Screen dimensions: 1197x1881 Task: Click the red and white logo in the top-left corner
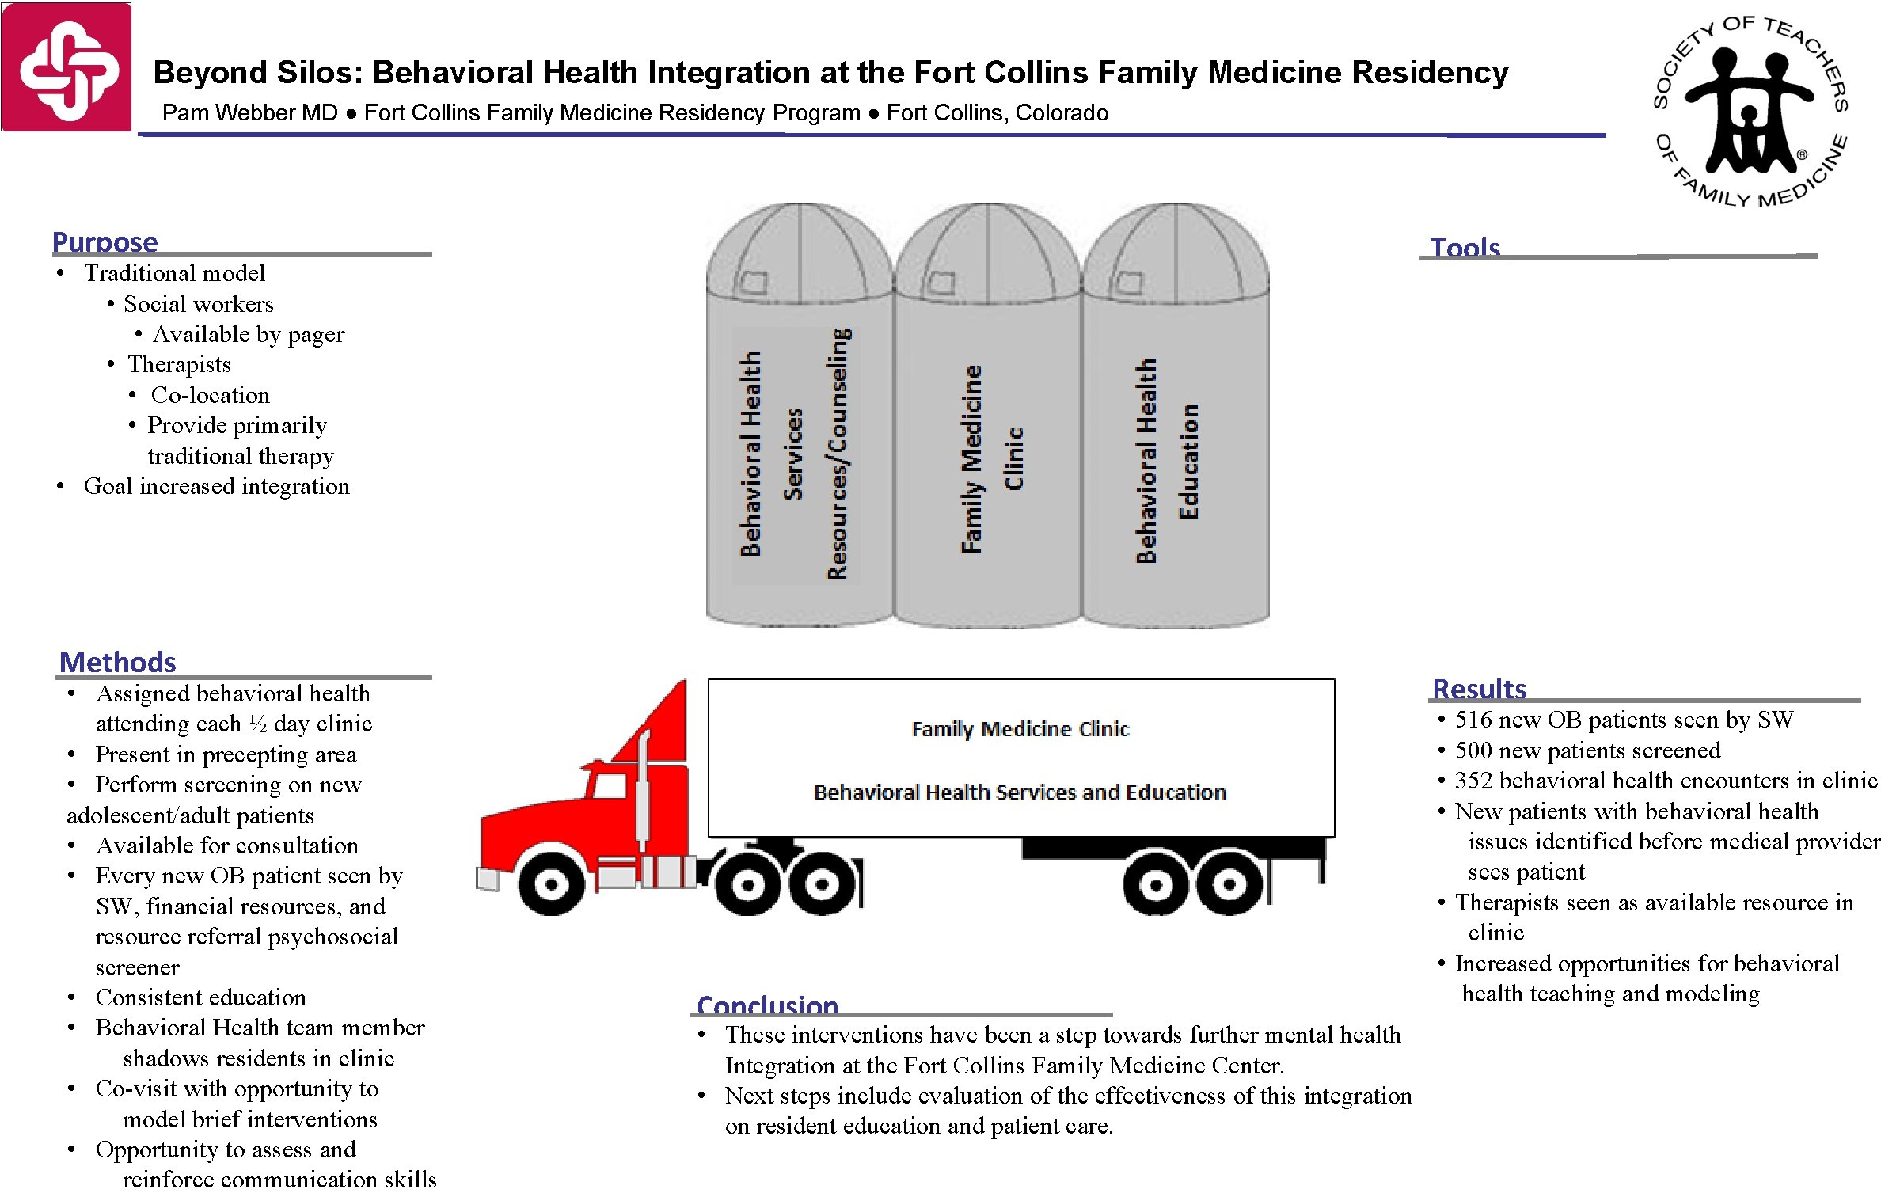click(x=66, y=67)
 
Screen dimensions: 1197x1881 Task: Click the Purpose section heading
click(x=105, y=241)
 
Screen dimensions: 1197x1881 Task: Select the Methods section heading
click(x=118, y=662)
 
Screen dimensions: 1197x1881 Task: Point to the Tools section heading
click(x=1465, y=247)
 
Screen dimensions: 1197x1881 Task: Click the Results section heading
click(x=1479, y=689)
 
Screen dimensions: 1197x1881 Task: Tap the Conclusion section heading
click(x=767, y=1005)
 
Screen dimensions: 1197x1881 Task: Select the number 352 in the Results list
click(x=1473, y=781)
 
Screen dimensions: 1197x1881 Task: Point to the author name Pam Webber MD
click(x=250, y=112)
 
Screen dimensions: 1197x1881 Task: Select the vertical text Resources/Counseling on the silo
click(x=838, y=454)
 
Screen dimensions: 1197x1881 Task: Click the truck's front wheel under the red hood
click(x=552, y=883)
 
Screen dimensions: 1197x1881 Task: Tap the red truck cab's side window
click(x=610, y=786)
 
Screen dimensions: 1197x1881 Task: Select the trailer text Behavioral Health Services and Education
click(x=1020, y=792)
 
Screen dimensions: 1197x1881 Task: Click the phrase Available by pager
click(x=249, y=334)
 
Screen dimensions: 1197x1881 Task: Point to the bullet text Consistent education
click(x=200, y=997)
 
